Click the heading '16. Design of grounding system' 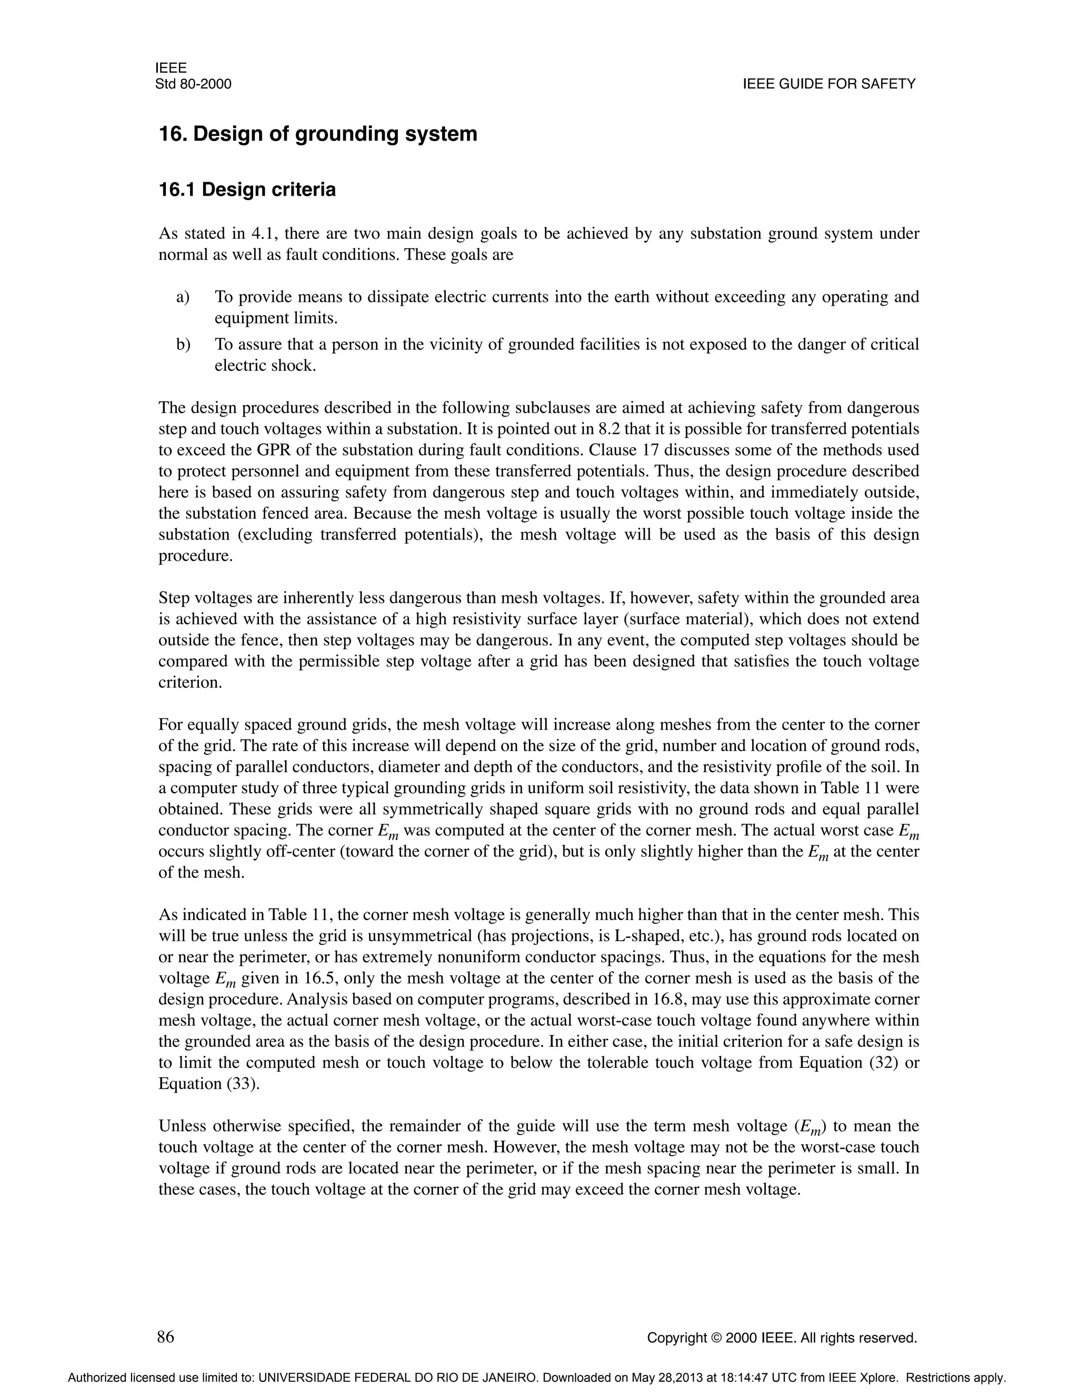click(317, 134)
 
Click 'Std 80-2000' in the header click(193, 84)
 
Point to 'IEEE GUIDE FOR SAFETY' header click(829, 84)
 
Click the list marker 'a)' click(183, 297)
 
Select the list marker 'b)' click(183, 345)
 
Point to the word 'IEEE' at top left click(171, 68)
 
